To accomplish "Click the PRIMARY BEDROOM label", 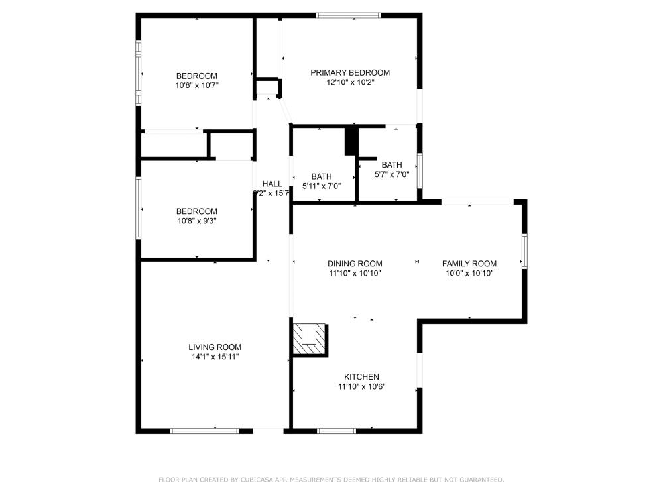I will tap(350, 73).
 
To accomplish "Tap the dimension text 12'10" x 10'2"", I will tap(350, 83).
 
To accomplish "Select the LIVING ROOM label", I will tap(215, 347).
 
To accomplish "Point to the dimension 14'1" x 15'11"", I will tap(215, 357).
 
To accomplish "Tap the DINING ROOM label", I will tap(355, 263).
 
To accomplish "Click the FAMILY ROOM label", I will tap(469, 263).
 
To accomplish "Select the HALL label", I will tap(272, 184).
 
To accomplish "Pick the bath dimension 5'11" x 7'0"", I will tap(322, 186).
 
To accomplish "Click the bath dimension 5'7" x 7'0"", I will tap(391, 175).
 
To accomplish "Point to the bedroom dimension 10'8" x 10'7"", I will tap(197, 85).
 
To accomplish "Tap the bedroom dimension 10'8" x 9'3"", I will tap(197, 221).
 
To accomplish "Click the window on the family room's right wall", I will tap(524, 251).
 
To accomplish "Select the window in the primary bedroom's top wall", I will tap(349, 15).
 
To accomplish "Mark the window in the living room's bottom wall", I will tap(204, 431).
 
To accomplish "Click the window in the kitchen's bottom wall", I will tap(337, 431).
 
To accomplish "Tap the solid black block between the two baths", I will tap(351, 141).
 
